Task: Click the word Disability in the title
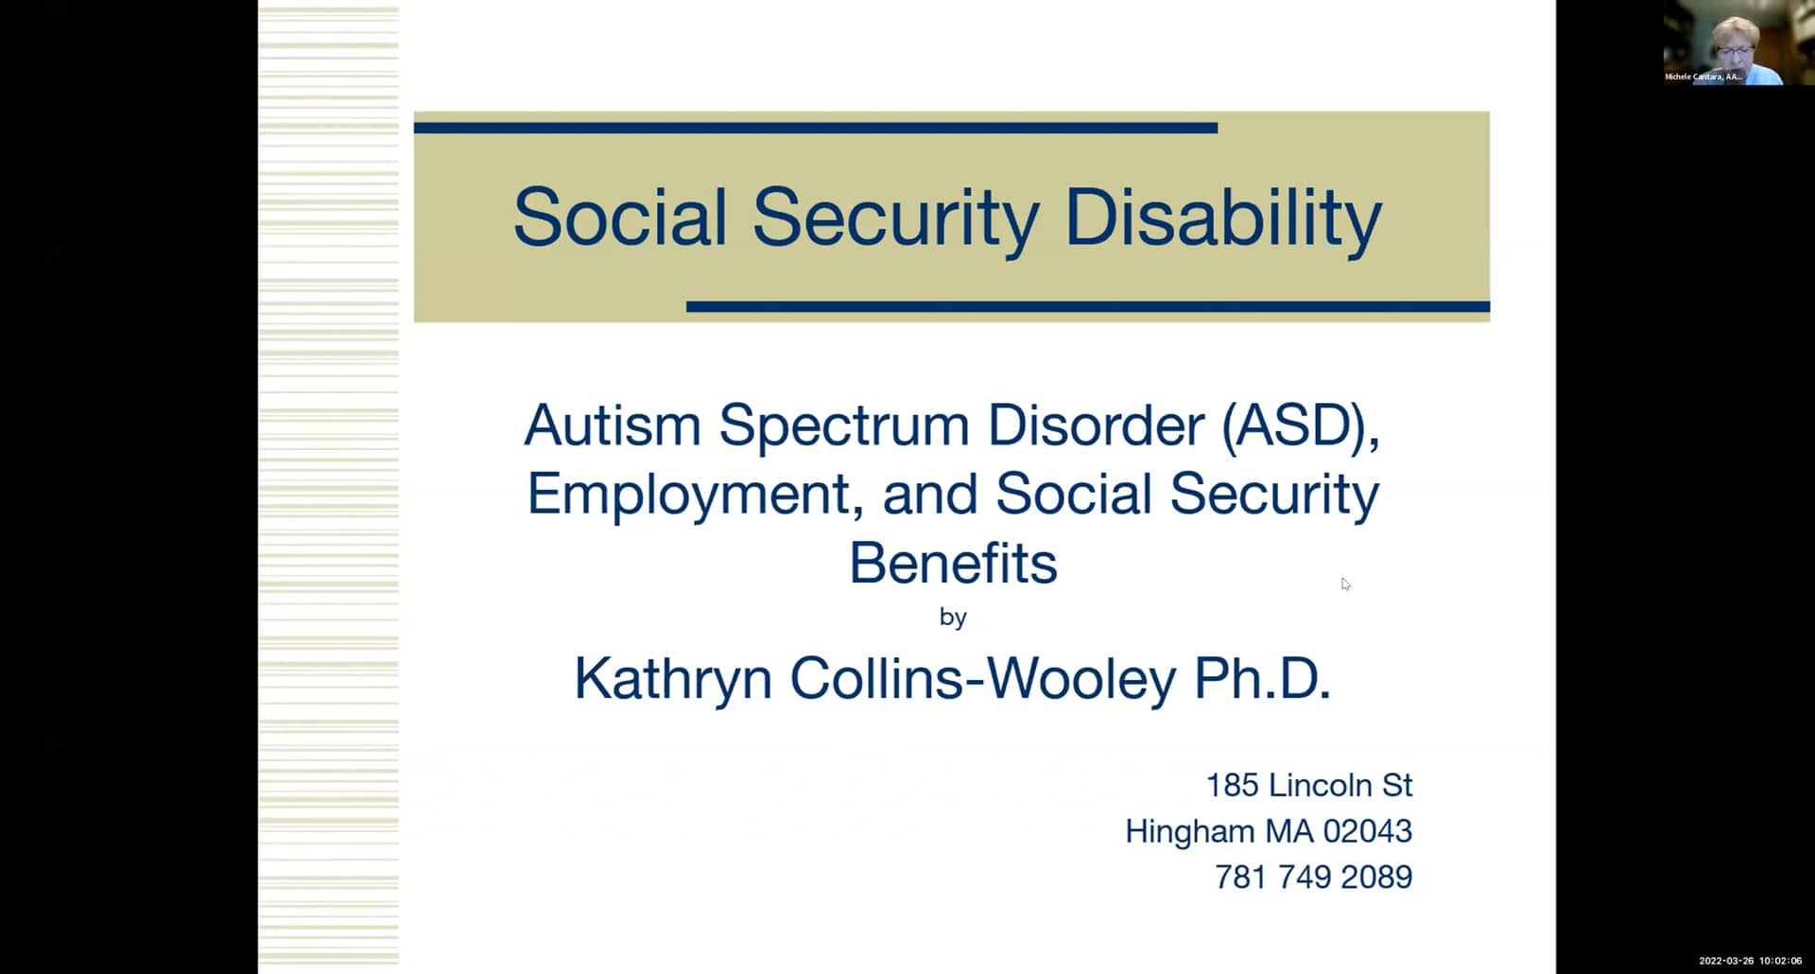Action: tap(1223, 218)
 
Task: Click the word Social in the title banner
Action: tap(619, 218)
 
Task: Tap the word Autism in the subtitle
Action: tap(612, 425)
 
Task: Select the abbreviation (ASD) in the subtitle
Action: tap(1300, 425)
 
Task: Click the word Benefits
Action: tap(953, 564)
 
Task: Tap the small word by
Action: tap(953, 617)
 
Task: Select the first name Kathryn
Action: tap(673, 679)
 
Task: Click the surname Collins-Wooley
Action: tap(983, 679)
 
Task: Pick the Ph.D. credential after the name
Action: tap(1262, 679)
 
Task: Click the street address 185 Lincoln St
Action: tap(1308, 785)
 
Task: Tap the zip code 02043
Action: tap(1367, 831)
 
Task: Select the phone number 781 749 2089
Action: tap(1313, 878)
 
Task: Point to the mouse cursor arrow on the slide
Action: tap(1344, 583)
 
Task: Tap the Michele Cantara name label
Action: tap(1703, 77)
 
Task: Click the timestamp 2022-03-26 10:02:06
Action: tap(1750, 961)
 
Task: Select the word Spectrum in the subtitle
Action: tap(844, 425)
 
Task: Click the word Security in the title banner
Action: tap(895, 218)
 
